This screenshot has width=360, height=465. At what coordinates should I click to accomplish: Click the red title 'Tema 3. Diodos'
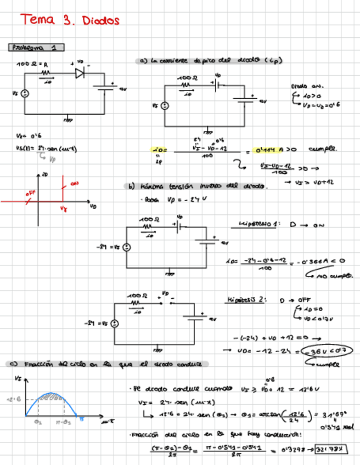tap(70, 20)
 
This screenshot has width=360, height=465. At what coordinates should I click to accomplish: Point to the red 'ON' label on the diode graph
tap(75, 183)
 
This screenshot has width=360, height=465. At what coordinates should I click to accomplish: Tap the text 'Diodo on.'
tap(307, 86)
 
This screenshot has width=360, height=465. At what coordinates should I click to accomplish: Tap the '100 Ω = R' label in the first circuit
tap(31, 65)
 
